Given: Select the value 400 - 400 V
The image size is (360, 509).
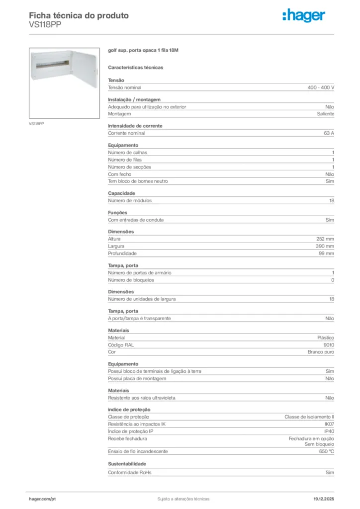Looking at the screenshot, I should click(321, 87).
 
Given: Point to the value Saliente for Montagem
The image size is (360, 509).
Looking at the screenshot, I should click(326, 114).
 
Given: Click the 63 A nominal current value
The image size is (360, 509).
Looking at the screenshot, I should click(329, 133).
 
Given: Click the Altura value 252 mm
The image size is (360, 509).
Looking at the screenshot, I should click(325, 239).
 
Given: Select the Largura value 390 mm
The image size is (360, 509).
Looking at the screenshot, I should click(325, 246).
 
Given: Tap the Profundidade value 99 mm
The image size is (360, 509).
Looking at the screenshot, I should click(327, 254).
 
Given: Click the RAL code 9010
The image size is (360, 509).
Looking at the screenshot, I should click(329, 345).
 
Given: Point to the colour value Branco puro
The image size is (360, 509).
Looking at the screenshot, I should click(321, 352).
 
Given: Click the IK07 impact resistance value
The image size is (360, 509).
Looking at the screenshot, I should click(329, 424).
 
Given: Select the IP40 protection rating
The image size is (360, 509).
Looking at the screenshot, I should click(329, 431).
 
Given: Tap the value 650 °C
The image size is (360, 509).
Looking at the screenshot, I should click(327, 451).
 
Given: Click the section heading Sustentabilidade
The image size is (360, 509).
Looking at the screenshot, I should click(127, 464).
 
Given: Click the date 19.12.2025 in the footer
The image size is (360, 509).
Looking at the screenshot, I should click(323, 499).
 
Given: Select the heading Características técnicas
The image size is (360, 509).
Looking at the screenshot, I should click(136, 67).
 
